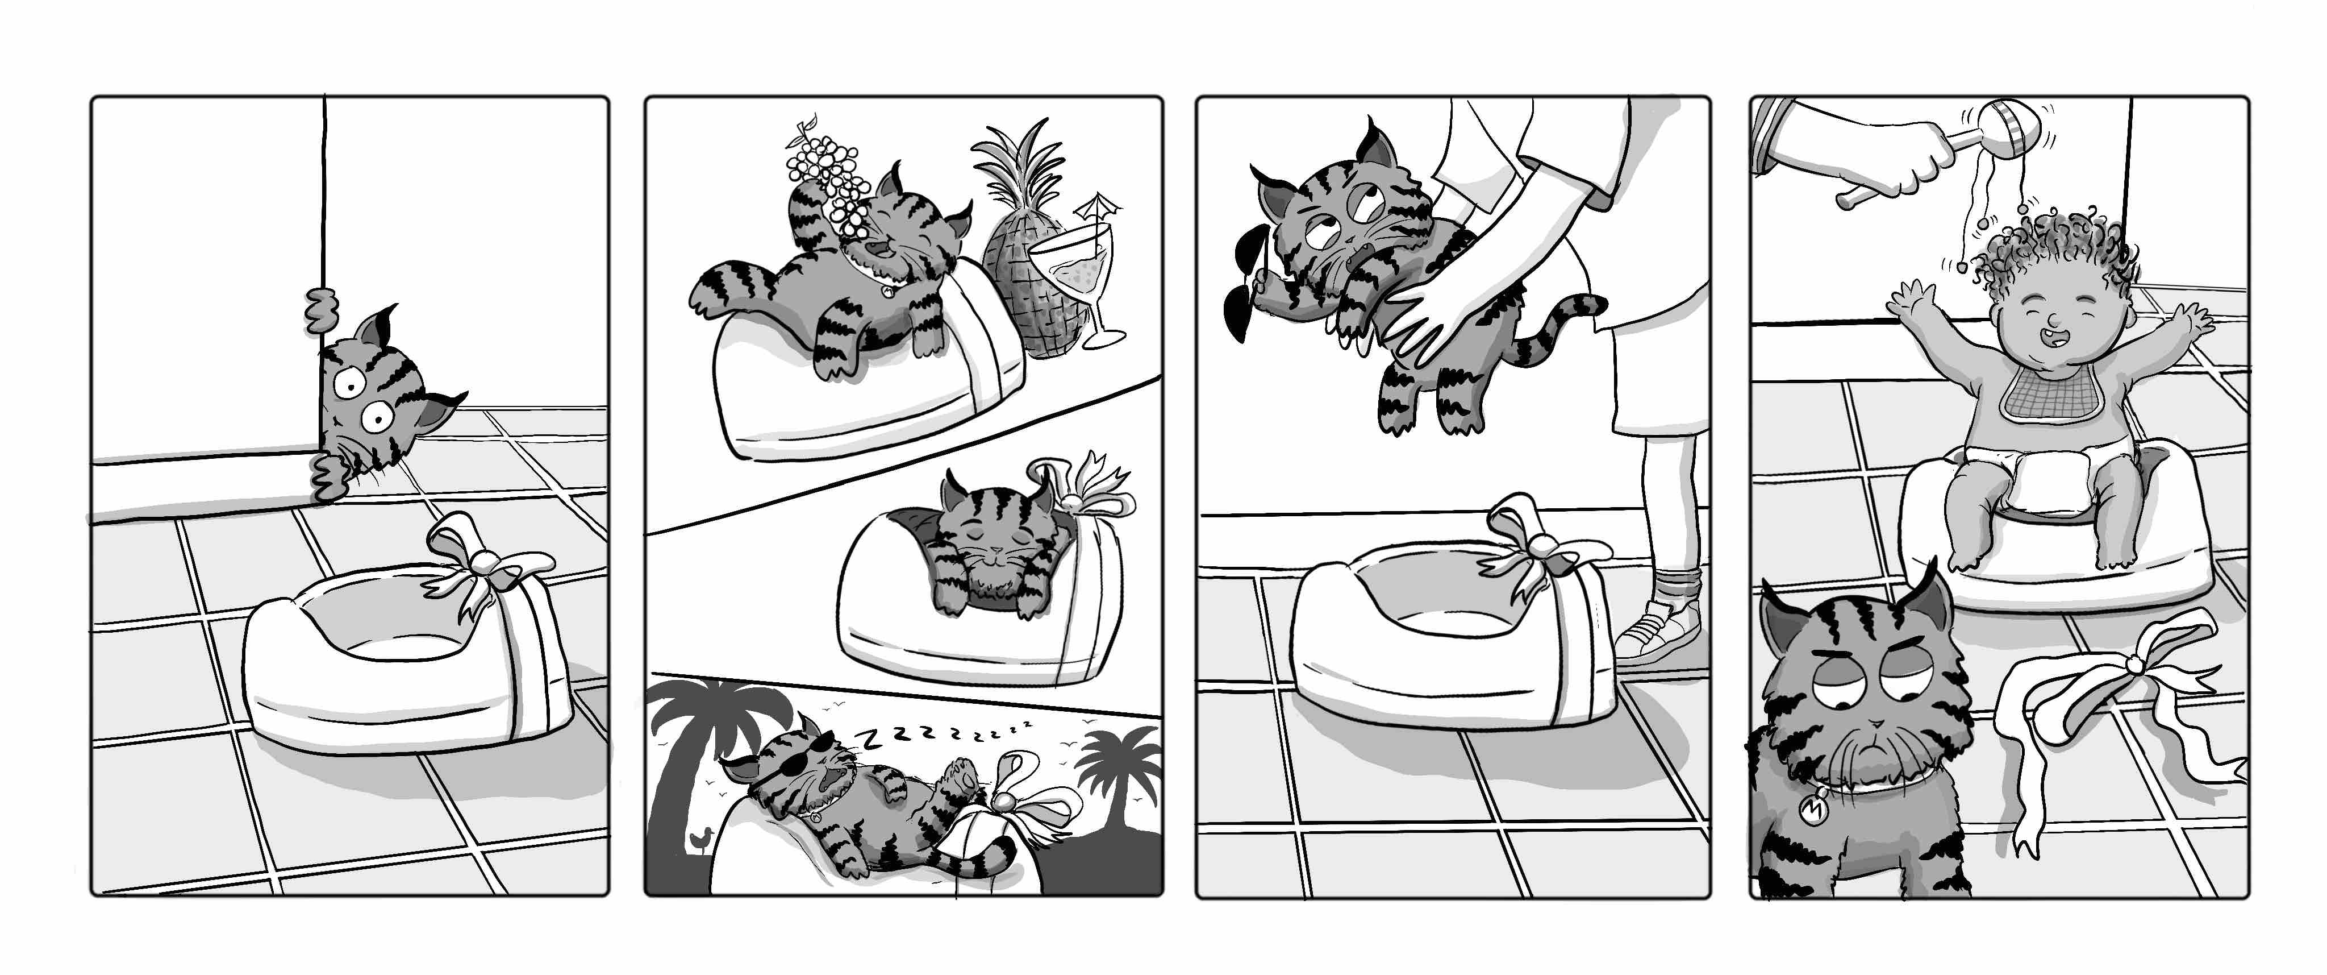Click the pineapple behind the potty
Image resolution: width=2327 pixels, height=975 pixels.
coord(1030,271)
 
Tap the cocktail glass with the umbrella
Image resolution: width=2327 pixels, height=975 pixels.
coord(1079,271)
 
